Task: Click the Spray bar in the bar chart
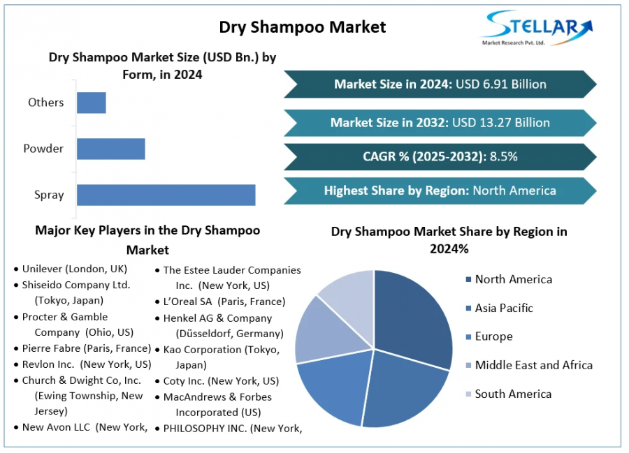(166, 195)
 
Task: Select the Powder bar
(110, 149)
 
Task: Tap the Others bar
(91, 103)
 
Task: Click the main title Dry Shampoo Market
(302, 27)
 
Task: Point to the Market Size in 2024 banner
(440, 84)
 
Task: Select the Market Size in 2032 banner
(440, 122)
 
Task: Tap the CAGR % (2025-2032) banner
(440, 156)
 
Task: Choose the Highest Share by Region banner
(440, 191)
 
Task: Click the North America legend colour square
(468, 280)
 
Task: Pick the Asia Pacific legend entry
(503, 308)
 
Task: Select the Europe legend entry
(493, 336)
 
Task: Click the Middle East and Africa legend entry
(533, 365)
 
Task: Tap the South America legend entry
(513, 394)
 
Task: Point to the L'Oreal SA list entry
(224, 302)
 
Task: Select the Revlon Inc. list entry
(86, 364)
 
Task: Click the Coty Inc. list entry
(221, 381)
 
